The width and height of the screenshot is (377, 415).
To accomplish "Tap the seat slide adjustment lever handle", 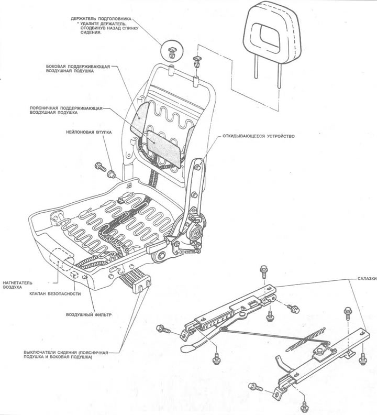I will [x=189, y=347].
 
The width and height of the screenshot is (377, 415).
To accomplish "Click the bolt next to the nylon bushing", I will [x=100, y=167].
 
